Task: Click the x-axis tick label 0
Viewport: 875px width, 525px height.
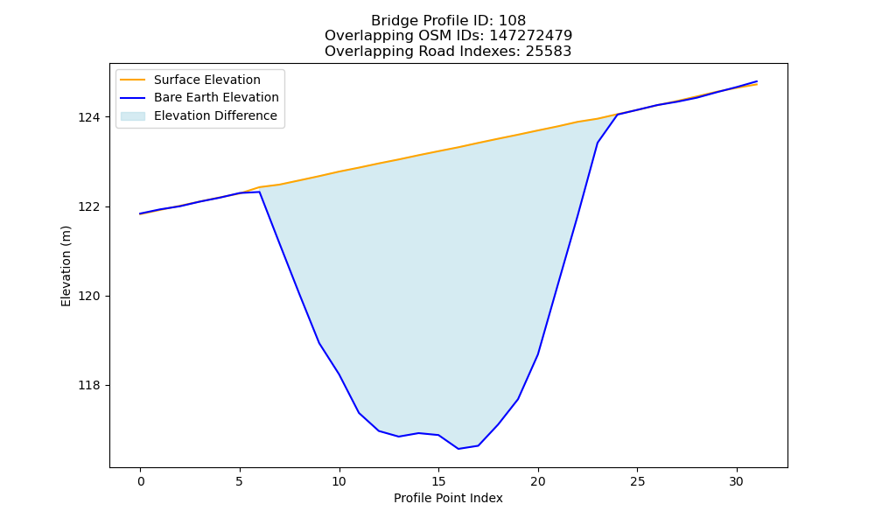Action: [x=141, y=481]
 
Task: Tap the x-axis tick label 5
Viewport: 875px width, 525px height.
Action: [x=240, y=481]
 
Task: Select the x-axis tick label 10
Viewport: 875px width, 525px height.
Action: [x=339, y=481]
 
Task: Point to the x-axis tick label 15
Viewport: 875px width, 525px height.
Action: [x=438, y=481]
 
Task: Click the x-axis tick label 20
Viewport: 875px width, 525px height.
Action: [x=538, y=481]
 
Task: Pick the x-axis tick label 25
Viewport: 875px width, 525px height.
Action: [x=637, y=481]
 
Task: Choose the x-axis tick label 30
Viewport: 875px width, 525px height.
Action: [x=737, y=481]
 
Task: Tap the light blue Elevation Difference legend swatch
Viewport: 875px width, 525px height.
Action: [x=133, y=116]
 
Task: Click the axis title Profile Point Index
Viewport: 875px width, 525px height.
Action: [x=448, y=498]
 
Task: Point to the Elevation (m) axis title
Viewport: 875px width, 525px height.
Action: [x=66, y=266]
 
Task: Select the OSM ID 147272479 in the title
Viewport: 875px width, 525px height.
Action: [x=531, y=36]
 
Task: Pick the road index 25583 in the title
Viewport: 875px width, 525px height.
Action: [x=549, y=52]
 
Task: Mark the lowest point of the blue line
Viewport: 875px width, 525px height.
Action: [x=458, y=449]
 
